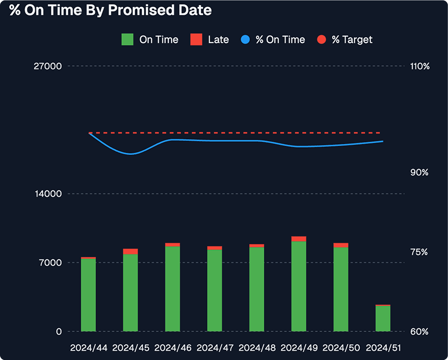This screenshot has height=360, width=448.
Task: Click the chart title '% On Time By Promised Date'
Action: coord(110,10)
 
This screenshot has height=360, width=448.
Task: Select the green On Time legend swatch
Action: coord(127,40)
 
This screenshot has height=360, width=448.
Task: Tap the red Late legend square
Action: coord(196,40)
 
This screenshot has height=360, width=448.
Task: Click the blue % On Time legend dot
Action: coord(245,40)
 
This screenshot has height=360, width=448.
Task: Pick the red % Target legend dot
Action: coord(321,40)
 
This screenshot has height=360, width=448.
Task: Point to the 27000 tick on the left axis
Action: coord(48,66)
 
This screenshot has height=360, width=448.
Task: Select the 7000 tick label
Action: coord(50,263)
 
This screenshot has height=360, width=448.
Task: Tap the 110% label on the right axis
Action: coord(420,66)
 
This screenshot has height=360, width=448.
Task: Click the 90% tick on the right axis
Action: coord(419,173)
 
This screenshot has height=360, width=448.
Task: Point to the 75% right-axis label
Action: coord(419,252)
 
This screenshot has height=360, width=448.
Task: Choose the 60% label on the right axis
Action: coord(419,332)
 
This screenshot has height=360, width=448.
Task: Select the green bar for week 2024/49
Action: coord(299,286)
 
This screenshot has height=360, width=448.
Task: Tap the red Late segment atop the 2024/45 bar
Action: coord(131,251)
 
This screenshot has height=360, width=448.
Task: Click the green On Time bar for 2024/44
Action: coord(88,295)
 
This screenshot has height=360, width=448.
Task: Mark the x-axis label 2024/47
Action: coord(215,348)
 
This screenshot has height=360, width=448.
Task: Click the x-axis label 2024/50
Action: coord(341,348)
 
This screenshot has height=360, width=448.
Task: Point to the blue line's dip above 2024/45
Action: coord(131,154)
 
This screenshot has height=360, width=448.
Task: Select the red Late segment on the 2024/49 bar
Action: coord(299,239)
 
